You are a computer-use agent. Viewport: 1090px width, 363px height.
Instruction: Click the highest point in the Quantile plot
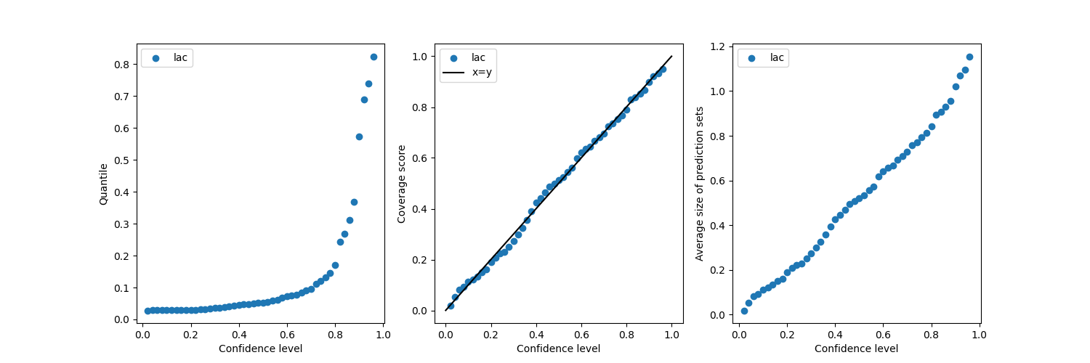(374, 57)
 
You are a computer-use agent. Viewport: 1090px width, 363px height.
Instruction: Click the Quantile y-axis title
(103, 184)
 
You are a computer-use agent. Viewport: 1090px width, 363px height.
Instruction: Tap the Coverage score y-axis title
(401, 184)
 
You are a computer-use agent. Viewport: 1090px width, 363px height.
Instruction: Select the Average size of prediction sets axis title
(699, 184)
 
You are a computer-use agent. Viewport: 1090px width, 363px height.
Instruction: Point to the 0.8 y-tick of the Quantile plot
(121, 65)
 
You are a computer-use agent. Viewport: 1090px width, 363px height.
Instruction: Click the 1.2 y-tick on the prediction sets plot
(717, 46)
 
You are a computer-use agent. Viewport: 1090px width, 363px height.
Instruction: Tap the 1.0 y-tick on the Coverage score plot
(419, 57)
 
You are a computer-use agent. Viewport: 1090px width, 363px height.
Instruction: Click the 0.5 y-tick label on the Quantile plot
(121, 160)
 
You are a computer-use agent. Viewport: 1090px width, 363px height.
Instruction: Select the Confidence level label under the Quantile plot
(260, 348)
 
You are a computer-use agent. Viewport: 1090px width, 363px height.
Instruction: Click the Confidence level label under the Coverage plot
(558, 348)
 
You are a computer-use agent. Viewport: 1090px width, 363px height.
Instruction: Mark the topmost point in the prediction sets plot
(969, 57)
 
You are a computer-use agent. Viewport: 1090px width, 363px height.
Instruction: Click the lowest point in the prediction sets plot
(744, 311)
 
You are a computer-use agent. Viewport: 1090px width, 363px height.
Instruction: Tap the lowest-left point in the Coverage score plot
(451, 306)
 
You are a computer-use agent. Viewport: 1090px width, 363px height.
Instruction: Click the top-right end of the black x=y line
(672, 56)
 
